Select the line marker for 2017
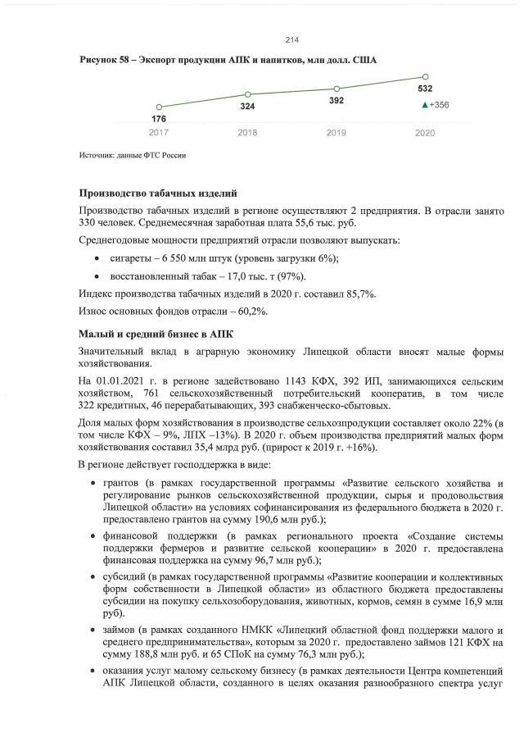[159, 107]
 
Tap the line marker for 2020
[425, 76]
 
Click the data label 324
[247, 107]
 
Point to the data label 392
[337, 100]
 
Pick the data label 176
[159, 119]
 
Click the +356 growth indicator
[435, 105]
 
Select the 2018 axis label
[247, 132]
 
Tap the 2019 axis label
[337, 132]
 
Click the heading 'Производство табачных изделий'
[157, 193]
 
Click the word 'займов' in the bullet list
[119, 628]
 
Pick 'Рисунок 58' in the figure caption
[106, 61]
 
